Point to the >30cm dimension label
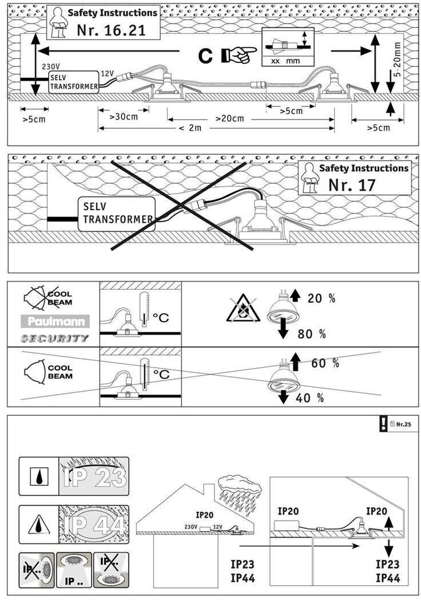click(124, 117)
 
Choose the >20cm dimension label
click(230, 119)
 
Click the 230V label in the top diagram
click(51, 66)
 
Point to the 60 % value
click(325, 363)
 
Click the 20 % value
click(321, 298)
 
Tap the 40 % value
click(310, 397)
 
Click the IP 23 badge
click(94, 476)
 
